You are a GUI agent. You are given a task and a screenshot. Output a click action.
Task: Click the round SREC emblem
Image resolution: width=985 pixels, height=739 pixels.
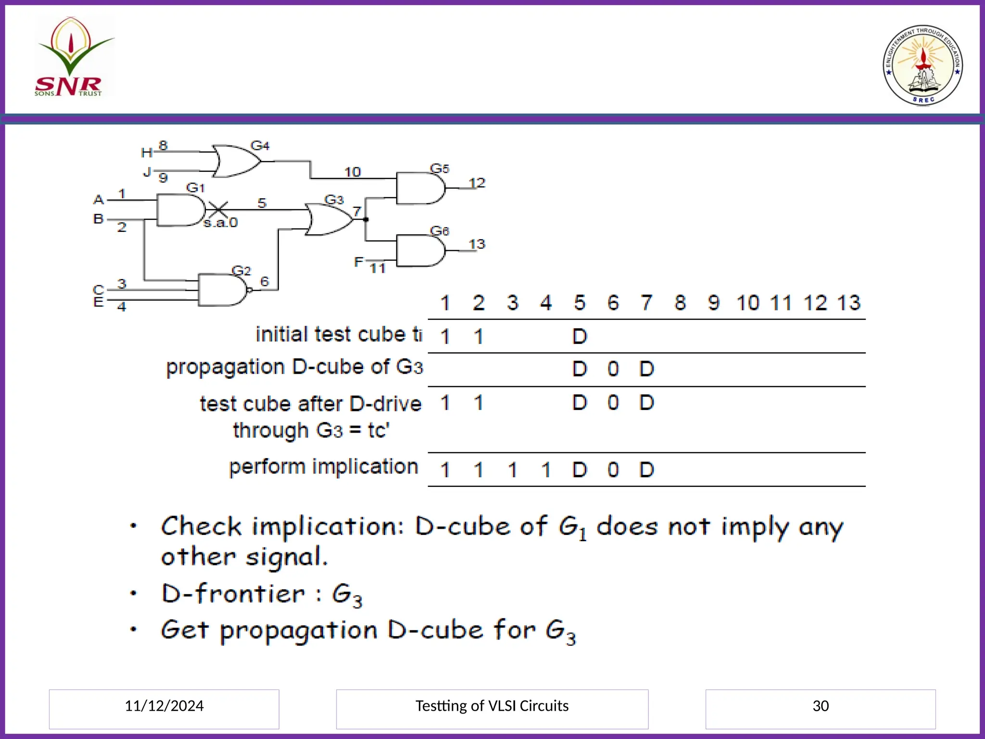(x=922, y=65)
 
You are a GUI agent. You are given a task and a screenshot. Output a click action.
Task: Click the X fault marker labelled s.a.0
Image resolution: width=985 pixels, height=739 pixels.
(x=218, y=210)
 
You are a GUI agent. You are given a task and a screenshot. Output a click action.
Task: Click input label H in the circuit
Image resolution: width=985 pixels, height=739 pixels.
(x=146, y=153)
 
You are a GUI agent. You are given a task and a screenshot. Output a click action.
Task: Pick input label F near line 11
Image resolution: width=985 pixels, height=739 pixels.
(x=359, y=262)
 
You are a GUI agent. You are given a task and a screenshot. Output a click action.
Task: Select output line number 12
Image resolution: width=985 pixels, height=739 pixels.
(x=477, y=183)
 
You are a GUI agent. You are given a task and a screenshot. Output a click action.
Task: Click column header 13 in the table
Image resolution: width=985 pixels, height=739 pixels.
(x=848, y=303)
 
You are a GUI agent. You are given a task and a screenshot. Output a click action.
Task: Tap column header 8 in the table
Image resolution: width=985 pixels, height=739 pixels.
(x=680, y=303)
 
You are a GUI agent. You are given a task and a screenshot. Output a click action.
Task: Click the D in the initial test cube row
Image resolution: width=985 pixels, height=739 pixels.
(x=580, y=336)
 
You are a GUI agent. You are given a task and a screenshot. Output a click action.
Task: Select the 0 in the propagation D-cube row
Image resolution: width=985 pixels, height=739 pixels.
(x=613, y=369)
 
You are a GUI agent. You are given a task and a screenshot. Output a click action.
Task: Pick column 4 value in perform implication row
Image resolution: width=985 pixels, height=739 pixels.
(x=546, y=470)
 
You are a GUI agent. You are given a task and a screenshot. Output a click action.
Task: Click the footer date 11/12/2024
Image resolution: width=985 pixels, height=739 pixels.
(x=164, y=706)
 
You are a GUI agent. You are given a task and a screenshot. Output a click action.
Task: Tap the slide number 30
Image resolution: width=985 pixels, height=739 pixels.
(x=821, y=706)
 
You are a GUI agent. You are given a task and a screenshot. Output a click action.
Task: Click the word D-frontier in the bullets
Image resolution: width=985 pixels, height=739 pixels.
(x=233, y=594)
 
